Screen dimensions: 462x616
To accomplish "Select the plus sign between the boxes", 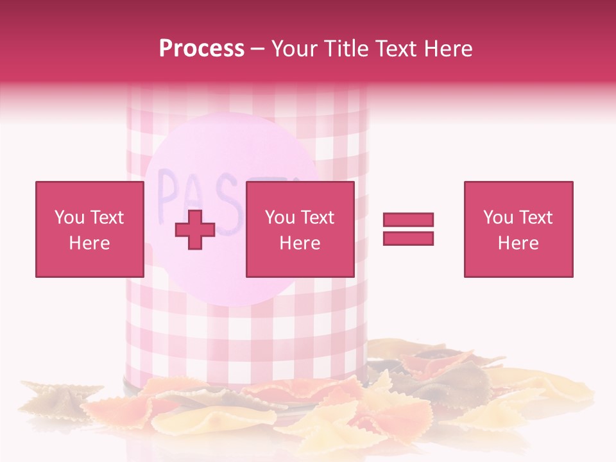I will tap(195, 230).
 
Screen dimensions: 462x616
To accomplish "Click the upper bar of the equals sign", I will tap(408, 220).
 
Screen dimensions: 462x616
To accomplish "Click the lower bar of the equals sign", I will tap(408, 239).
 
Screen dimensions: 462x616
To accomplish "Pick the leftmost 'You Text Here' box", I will tap(89, 229).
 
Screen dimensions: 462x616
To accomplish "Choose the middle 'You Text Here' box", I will tap(300, 229).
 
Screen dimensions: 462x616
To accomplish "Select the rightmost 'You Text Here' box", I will tap(518, 229).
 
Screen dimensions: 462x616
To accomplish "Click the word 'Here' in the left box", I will tap(89, 243).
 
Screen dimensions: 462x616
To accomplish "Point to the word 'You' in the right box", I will tap(498, 218).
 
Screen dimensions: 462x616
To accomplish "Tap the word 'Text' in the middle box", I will tap(317, 218).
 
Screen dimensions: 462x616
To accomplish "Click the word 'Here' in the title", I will tap(449, 49).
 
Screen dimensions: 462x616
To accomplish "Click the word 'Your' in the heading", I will tap(294, 49).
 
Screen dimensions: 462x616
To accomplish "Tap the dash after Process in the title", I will tap(257, 50).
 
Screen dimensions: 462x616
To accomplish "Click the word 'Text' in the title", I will tap(398, 49).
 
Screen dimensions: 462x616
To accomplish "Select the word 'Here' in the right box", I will tap(518, 243).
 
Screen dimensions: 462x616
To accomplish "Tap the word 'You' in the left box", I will tap(69, 218).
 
